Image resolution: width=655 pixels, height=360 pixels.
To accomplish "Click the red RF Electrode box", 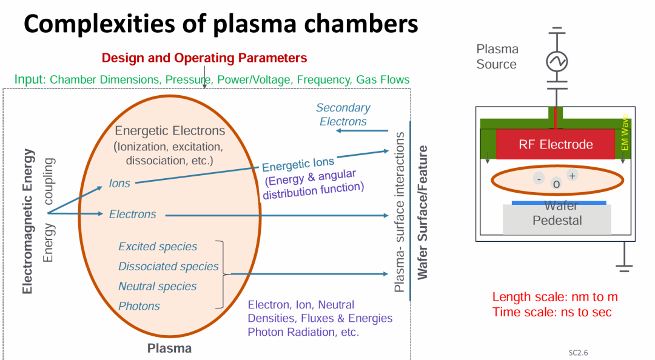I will click(x=556, y=145).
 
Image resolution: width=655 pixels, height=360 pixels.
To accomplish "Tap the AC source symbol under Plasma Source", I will click(x=556, y=61).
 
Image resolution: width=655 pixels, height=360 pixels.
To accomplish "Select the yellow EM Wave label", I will click(x=625, y=133).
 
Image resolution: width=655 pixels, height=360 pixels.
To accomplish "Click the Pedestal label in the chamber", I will click(x=557, y=221).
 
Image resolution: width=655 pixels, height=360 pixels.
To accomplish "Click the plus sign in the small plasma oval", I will click(x=572, y=175).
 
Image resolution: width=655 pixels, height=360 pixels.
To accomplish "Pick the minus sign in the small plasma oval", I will click(x=538, y=178).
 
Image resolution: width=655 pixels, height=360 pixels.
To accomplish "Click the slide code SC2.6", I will click(x=578, y=352).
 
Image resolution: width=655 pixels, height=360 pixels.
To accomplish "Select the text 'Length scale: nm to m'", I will click(x=555, y=297).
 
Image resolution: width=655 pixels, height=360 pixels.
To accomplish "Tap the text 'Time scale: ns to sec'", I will click(x=552, y=312).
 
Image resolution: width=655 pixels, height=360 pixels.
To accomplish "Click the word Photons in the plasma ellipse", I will click(x=139, y=306).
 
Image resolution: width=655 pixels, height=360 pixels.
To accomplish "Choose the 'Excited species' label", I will click(x=158, y=247).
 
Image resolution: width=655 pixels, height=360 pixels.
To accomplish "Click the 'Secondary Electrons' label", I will click(x=343, y=115).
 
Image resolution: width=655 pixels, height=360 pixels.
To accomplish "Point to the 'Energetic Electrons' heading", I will click(x=170, y=131).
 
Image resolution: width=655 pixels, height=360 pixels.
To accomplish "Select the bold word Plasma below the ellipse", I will click(x=169, y=348).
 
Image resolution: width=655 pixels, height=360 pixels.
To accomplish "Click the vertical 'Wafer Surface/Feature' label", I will click(x=423, y=212).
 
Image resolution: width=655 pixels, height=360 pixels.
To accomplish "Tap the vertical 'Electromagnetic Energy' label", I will click(x=27, y=221).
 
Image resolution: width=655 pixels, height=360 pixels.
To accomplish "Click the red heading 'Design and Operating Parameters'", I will click(x=204, y=58).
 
